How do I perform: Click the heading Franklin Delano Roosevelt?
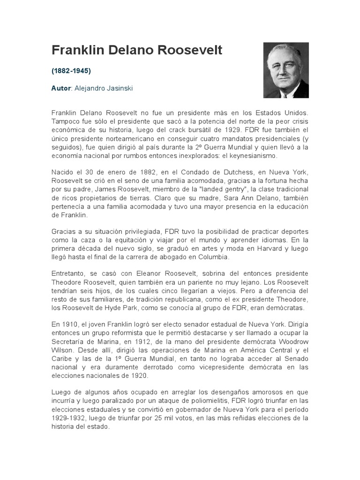137,51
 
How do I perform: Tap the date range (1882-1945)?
71,71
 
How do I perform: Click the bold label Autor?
60,88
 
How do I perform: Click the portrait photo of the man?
285,70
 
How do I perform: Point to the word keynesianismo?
255,156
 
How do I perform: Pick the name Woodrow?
294,341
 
